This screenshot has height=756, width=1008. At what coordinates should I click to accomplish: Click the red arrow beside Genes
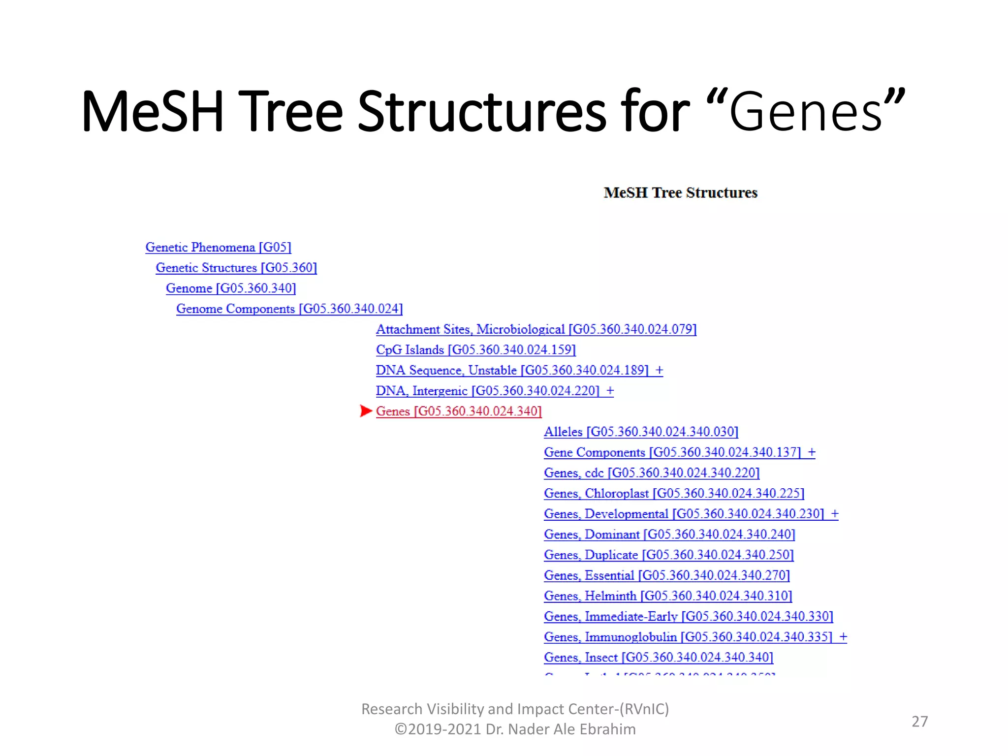tap(365, 411)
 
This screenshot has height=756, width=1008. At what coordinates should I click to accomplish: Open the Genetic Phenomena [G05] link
tap(218, 247)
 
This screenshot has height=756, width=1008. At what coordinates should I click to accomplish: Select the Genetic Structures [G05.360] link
tap(236, 268)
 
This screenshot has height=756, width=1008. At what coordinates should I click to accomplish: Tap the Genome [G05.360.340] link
tap(231, 288)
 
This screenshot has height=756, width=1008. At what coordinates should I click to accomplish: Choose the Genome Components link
tap(289, 309)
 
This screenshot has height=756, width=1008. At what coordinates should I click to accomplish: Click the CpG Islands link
tap(475, 350)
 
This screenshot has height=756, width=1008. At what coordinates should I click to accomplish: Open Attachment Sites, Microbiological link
tap(536, 329)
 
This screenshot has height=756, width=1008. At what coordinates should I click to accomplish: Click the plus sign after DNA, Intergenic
tap(610, 391)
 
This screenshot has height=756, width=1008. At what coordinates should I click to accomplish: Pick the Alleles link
tap(641, 432)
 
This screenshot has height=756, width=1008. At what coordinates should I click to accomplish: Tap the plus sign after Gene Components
tap(812, 452)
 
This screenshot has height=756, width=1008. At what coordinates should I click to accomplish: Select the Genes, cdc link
tap(652, 473)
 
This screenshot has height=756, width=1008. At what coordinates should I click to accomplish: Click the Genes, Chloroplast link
tap(674, 494)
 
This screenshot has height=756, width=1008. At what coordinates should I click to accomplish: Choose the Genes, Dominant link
tap(669, 535)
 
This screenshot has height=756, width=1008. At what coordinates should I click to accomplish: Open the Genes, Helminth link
tap(668, 596)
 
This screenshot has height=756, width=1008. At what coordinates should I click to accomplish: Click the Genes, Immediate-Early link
tap(688, 617)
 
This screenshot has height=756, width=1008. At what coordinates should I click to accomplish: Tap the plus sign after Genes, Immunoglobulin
tap(843, 637)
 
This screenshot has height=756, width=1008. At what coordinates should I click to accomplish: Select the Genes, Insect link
tap(659, 658)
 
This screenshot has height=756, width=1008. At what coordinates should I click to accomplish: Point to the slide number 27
tap(919, 722)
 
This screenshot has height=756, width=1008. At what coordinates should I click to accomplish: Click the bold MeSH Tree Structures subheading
tap(680, 192)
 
